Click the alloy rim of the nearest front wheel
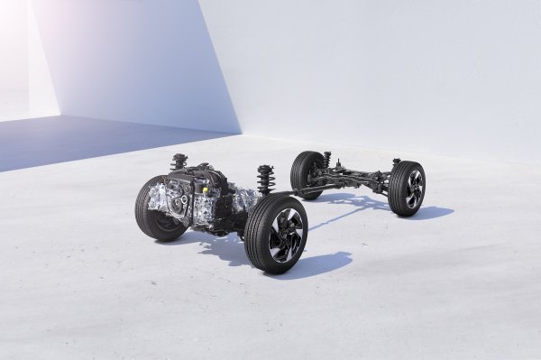click(x=285, y=233)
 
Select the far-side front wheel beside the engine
click(x=153, y=209)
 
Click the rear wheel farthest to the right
click(x=408, y=189)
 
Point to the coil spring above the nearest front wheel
click(x=265, y=180)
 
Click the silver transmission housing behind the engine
click(x=236, y=200)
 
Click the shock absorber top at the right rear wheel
click(x=395, y=162)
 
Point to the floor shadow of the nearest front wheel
click(x=316, y=263)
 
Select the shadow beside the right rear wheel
click(x=433, y=213)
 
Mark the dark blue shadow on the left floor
click(x=72, y=144)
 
